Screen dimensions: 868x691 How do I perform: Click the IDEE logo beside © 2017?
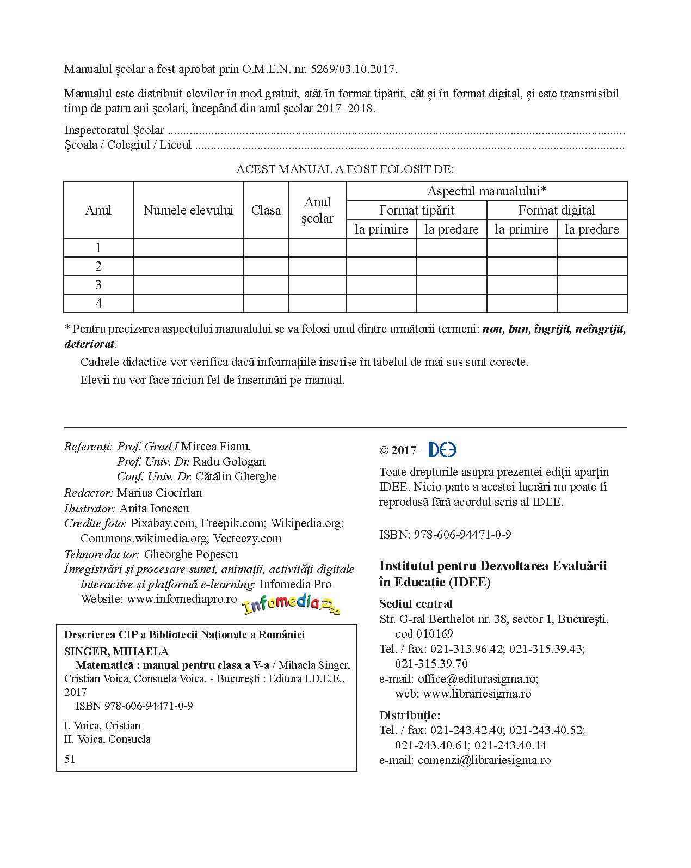pyautogui.click(x=442, y=450)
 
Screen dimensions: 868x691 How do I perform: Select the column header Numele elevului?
pyautogui.click(x=188, y=210)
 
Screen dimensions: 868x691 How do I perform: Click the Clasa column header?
pyautogui.click(x=266, y=210)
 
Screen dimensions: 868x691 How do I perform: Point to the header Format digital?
pyautogui.click(x=557, y=210)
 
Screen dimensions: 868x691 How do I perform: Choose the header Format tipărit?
pyautogui.click(x=416, y=210)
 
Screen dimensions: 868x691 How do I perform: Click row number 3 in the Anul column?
pyautogui.click(x=98, y=285)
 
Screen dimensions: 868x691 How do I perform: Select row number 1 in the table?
pyautogui.click(x=98, y=248)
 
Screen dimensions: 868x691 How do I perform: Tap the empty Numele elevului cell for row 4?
pyautogui.click(x=188, y=303)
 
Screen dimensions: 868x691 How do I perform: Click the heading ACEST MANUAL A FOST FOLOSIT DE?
pyautogui.click(x=345, y=169)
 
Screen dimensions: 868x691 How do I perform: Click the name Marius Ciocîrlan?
pyautogui.click(x=159, y=493)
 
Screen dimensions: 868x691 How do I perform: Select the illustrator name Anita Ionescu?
pyautogui.click(x=154, y=509)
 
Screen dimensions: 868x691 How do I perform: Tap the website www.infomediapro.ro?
pyautogui.click(x=182, y=598)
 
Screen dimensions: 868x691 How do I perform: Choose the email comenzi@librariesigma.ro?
pyautogui.click(x=484, y=760)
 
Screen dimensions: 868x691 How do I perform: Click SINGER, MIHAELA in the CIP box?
pyautogui.click(x=116, y=651)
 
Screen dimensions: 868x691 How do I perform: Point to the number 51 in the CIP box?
pyautogui.click(x=70, y=759)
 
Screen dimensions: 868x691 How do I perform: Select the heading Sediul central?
pyautogui.click(x=416, y=603)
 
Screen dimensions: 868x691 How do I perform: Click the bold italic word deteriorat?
pyautogui.click(x=89, y=344)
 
